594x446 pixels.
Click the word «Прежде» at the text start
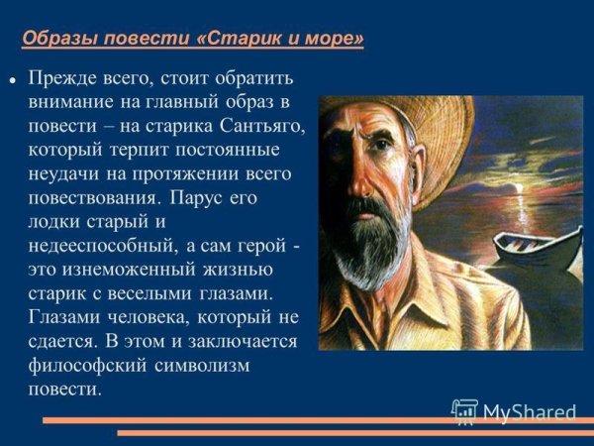65,77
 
